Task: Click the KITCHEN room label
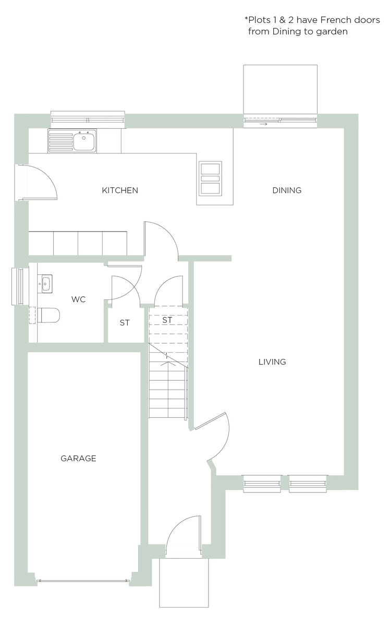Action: click(120, 190)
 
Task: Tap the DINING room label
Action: click(287, 190)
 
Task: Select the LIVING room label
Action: click(272, 362)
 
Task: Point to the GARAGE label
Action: click(78, 459)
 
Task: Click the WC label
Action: click(78, 299)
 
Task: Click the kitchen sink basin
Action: click(83, 141)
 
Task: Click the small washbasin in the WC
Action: click(45, 284)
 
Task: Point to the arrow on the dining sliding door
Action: click(264, 124)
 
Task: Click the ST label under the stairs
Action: click(167, 320)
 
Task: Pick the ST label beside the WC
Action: click(125, 323)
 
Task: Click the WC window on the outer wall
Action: click(17, 286)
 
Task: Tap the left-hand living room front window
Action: click(262, 484)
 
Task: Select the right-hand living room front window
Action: click(308, 484)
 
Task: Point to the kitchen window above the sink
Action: click(88, 119)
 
